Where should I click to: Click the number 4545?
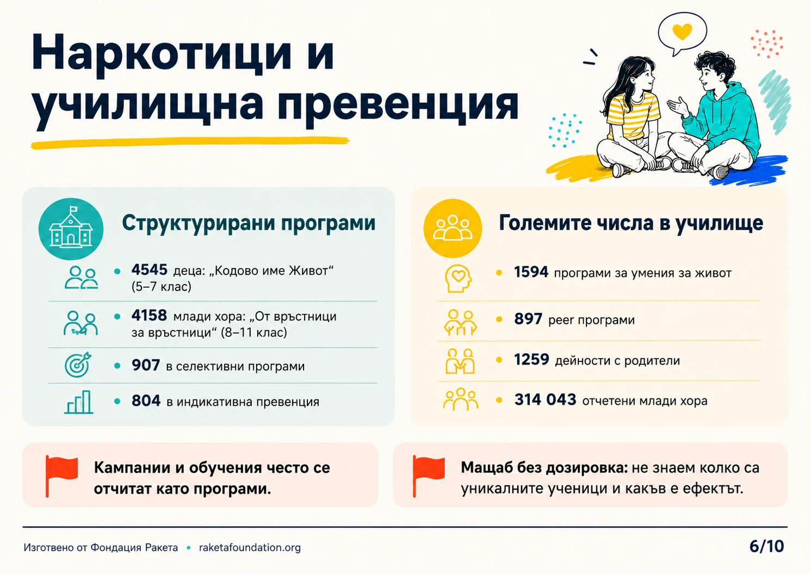click(x=149, y=270)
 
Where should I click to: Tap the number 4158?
click(x=149, y=316)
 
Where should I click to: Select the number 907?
click(x=146, y=366)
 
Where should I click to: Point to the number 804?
click(x=146, y=401)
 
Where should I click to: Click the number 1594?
click(x=531, y=272)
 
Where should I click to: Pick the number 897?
click(x=528, y=319)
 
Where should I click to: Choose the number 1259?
click(x=531, y=360)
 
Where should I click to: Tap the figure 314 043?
click(x=545, y=400)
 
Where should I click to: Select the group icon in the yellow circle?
click(x=453, y=228)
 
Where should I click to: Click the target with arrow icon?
click(x=78, y=365)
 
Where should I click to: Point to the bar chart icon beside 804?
click(x=78, y=402)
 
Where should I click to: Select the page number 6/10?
click(x=766, y=546)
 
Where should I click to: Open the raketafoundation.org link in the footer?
click(x=250, y=547)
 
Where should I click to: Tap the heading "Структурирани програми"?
click(x=249, y=223)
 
